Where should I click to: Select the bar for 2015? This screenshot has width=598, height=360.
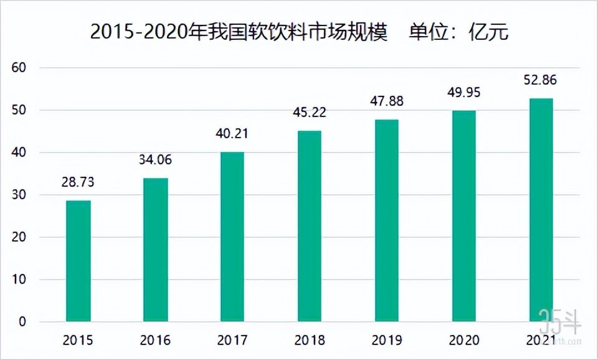click(78, 261)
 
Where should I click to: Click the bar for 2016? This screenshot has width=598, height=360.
click(156, 250)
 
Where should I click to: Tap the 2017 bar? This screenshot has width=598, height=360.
click(232, 237)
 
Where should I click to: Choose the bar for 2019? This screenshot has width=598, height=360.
click(386, 220)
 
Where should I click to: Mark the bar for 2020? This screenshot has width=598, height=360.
click(463, 216)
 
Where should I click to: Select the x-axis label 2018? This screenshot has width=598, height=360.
click(310, 341)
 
